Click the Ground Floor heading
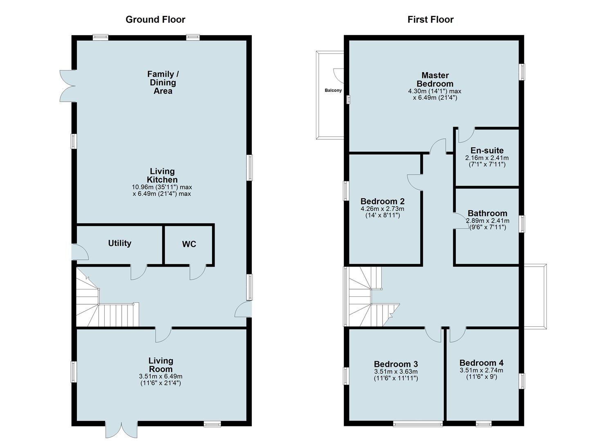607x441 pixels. pyautogui.click(x=155, y=20)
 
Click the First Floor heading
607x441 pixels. pyautogui.click(x=430, y=20)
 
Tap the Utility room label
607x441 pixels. pyautogui.click(x=120, y=243)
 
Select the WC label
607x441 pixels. pyautogui.click(x=189, y=244)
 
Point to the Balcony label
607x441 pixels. pyautogui.click(x=333, y=91)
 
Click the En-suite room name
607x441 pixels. pyautogui.click(x=487, y=150)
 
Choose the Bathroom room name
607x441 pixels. pyautogui.click(x=487, y=213)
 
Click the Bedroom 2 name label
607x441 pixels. pyautogui.click(x=383, y=201)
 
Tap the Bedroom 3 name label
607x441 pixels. pyautogui.click(x=396, y=364)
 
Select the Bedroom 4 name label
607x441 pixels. pyautogui.click(x=482, y=363)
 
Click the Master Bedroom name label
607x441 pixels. pyautogui.click(x=435, y=80)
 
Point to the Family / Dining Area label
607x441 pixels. pyautogui.click(x=163, y=82)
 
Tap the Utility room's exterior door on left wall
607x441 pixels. pyautogui.click(x=80, y=252)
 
